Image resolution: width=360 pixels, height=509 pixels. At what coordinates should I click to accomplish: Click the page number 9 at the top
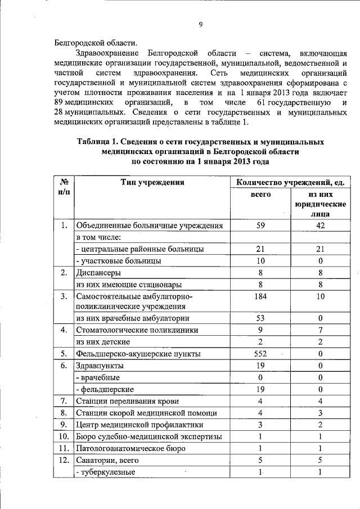pyautogui.click(x=201, y=24)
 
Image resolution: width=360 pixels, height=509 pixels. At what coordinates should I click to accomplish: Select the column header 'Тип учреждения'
pyautogui.click(x=152, y=182)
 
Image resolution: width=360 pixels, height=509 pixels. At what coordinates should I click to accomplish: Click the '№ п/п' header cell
pyautogui.click(x=64, y=187)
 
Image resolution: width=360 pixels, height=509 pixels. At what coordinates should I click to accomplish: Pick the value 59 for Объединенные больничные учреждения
pyautogui.click(x=260, y=226)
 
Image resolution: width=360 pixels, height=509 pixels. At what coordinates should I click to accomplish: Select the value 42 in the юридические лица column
pyautogui.click(x=319, y=226)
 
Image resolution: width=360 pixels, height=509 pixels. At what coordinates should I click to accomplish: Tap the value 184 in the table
pyautogui.click(x=260, y=296)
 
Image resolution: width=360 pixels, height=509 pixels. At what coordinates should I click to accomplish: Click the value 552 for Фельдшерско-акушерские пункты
pyautogui.click(x=260, y=354)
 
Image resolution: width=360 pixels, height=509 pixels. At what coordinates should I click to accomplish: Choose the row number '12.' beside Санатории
pyautogui.click(x=64, y=460)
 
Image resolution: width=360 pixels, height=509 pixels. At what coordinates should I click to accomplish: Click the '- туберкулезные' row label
pyautogui.click(x=105, y=472)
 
